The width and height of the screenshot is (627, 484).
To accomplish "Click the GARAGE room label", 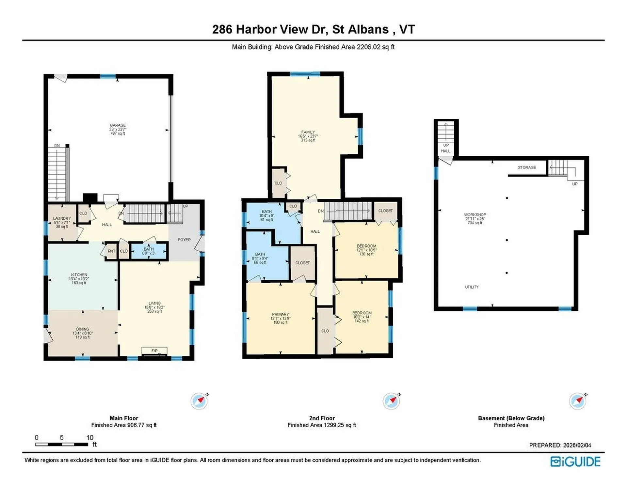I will [118, 125].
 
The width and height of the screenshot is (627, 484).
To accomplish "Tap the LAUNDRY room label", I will [62, 218].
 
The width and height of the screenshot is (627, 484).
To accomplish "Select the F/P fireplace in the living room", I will [154, 351].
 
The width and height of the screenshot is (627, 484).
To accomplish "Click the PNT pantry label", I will [111, 251].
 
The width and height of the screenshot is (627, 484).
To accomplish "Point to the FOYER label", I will [184, 240].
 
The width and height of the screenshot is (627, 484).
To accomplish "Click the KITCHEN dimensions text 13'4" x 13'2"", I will [79, 279].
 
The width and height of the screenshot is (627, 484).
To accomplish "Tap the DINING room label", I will [83, 329].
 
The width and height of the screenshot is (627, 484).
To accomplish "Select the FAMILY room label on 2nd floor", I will [308, 132].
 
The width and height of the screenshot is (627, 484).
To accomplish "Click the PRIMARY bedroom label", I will [280, 314].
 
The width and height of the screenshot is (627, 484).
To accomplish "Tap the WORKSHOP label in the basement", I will [475, 214].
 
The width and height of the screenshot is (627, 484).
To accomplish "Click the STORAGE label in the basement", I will [527, 167].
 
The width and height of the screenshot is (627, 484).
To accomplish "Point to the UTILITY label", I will [472, 287].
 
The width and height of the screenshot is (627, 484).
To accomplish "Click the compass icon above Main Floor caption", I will [199, 401].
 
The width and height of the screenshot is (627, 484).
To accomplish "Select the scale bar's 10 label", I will [90, 437].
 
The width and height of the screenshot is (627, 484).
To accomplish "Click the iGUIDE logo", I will [575, 461].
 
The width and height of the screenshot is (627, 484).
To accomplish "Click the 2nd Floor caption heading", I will [322, 418].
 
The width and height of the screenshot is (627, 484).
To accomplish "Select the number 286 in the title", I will [222, 29].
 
